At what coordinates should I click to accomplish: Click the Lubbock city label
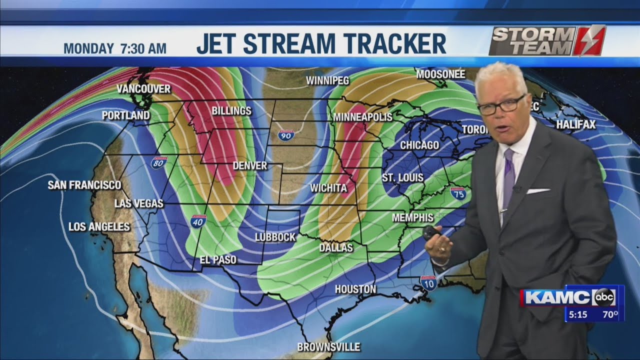[275, 237]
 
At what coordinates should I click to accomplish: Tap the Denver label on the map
[250, 165]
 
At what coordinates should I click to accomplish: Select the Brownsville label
[328, 346]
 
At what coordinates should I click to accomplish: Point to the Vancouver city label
[143, 89]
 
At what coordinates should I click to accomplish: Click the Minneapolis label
[362, 117]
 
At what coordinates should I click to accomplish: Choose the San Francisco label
[84, 185]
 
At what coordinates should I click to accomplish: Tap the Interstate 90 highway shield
[286, 134]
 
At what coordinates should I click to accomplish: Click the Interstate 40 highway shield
[198, 221]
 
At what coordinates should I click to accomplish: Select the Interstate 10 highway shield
[428, 283]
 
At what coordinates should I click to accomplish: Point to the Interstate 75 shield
[458, 193]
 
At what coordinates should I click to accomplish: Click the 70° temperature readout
[608, 315]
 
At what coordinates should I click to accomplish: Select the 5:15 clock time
[578, 315]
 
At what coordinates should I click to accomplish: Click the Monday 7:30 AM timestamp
[115, 48]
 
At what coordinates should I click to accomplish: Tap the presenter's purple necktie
[508, 175]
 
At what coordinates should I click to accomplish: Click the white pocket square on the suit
[537, 190]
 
